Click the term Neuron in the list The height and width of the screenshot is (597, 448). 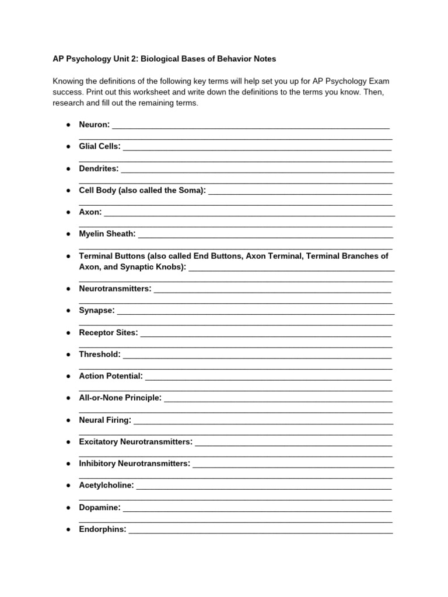point(94,125)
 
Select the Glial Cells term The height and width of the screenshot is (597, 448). point(100,146)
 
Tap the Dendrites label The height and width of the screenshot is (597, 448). point(99,168)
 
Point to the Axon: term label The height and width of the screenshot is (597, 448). point(90,212)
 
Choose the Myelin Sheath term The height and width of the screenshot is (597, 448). point(107,234)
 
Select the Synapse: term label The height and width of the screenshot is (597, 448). point(97,310)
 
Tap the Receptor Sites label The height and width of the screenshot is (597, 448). point(108,332)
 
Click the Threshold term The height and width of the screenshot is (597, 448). point(100,354)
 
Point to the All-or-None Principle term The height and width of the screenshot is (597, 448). point(120,398)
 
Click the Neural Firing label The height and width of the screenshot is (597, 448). point(105,420)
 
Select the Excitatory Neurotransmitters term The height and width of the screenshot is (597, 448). point(135,442)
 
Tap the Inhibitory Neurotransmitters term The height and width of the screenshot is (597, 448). point(134,463)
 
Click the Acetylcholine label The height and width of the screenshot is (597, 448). point(106,485)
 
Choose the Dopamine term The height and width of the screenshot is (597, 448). point(100,507)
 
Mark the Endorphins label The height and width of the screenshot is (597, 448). point(103,529)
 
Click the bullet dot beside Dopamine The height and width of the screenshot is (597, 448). point(68,508)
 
